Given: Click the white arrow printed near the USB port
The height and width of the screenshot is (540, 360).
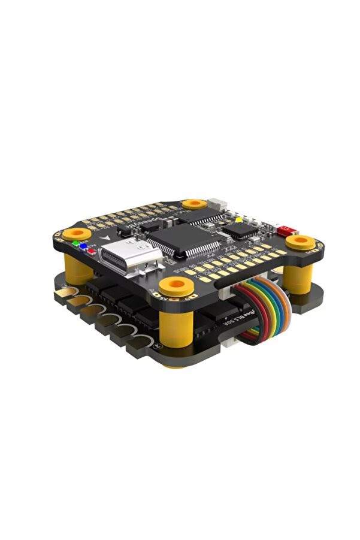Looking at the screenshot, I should pyautogui.click(x=107, y=238).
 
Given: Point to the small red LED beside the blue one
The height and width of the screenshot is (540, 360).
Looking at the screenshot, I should pyautogui.click(x=91, y=251).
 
